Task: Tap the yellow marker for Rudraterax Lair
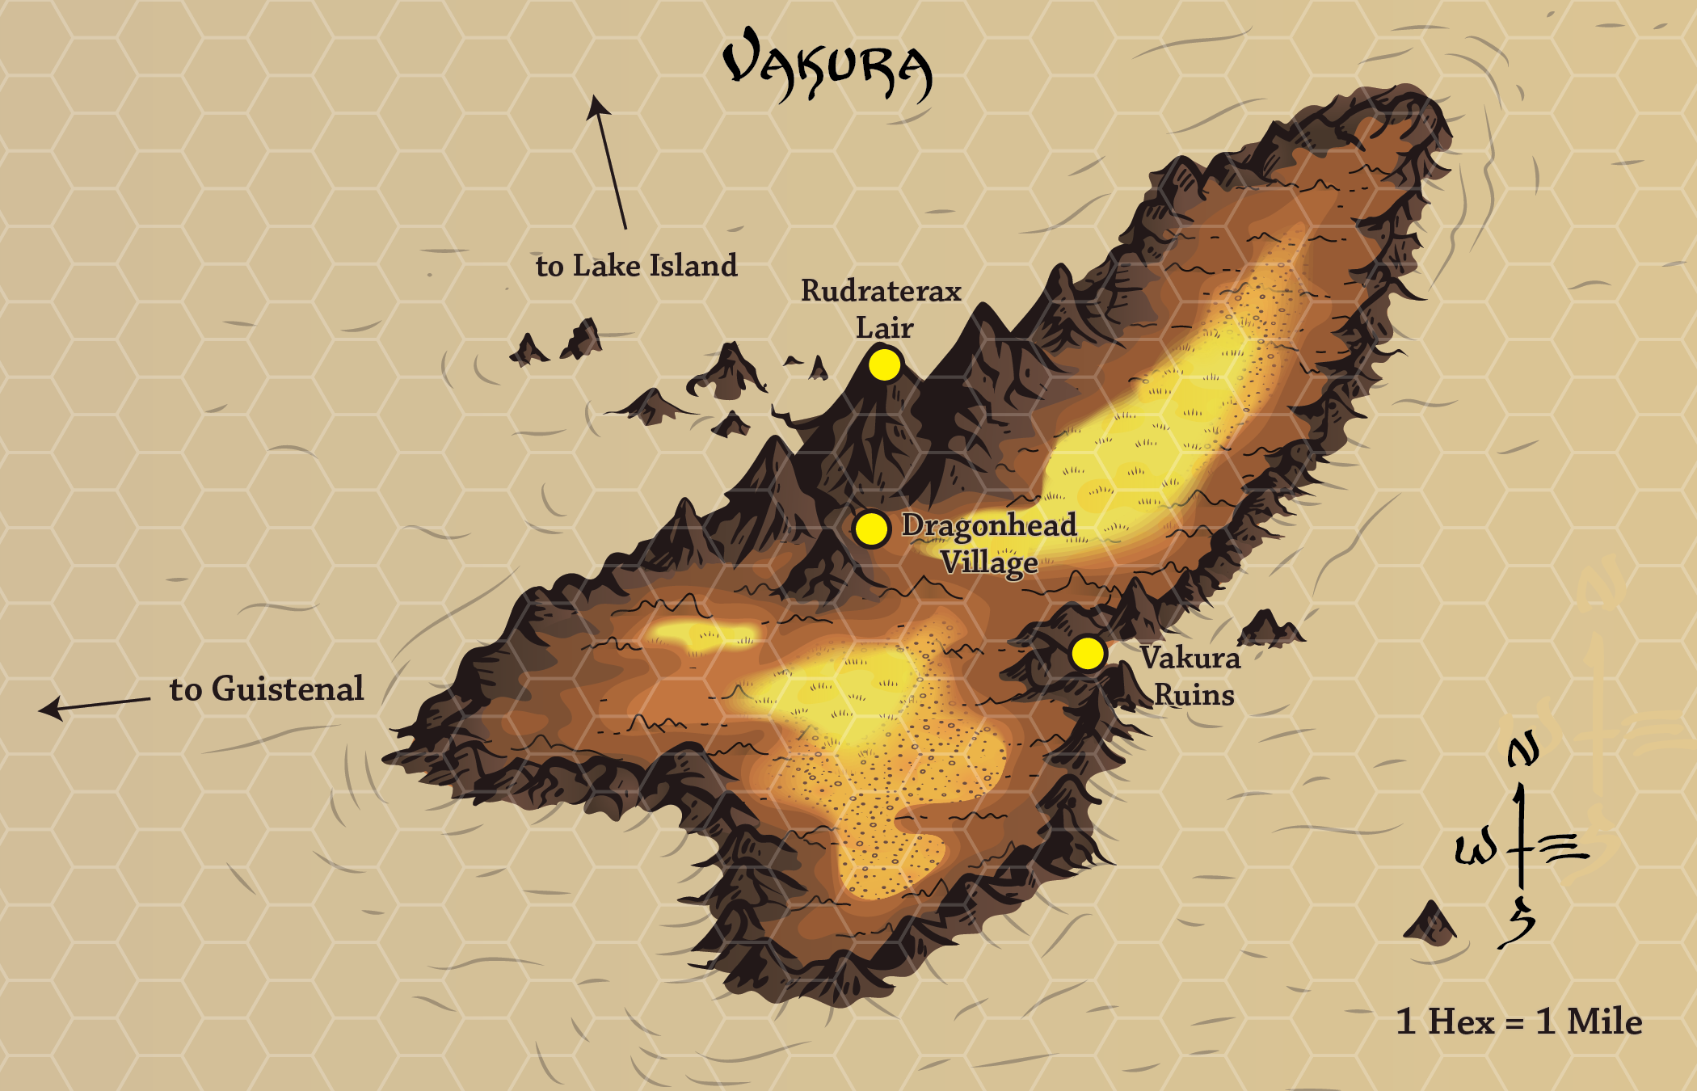884,364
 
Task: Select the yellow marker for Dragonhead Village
871,529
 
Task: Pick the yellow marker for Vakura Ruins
1088,653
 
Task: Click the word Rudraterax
881,291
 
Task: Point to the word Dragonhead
989,525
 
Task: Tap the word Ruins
1194,695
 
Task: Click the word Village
989,562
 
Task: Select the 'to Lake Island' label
636,266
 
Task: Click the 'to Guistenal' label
267,689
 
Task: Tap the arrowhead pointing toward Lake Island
597,106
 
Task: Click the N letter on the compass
1523,750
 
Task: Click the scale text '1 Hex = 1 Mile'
1519,1021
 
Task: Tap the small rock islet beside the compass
1430,924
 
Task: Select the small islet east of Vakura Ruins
1269,629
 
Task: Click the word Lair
884,328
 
